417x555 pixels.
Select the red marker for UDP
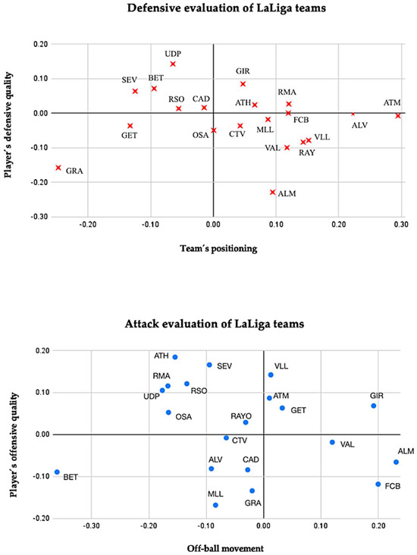tap(173, 64)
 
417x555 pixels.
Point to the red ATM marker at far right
tap(398, 115)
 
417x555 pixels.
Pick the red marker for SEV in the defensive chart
tap(135, 91)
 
